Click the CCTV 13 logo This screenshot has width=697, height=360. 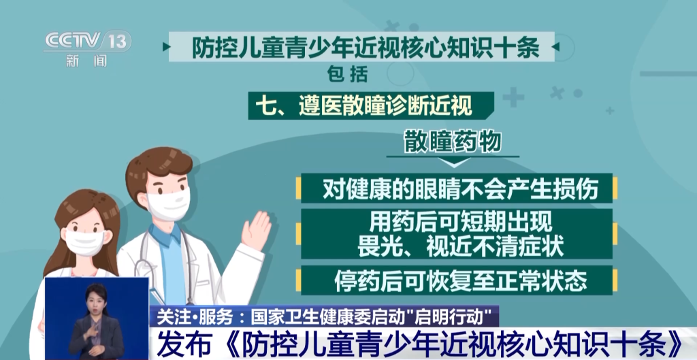pyautogui.click(x=88, y=42)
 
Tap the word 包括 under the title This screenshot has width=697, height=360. pyautogui.click(x=347, y=74)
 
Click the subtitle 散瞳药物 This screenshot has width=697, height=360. pyautogui.click(x=453, y=143)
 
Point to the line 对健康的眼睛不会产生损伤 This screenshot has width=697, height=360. pyautogui.click(x=460, y=189)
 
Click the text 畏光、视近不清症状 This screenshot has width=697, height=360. pyautogui.click(x=461, y=246)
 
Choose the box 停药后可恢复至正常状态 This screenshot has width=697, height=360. pyautogui.click(x=457, y=280)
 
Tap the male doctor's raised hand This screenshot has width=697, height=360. pyautogui.click(x=256, y=230)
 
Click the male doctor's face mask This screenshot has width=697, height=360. pyautogui.click(x=168, y=203)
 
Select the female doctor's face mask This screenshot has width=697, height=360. pyautogui.click(x=84, y=242)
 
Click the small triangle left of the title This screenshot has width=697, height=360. pyautogui.click(x=166, y=47)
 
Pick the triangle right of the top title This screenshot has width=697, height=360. pyautogui.click(x=556, y=47)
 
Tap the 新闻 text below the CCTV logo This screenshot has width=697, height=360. pyautogui.click(x=87, y=61)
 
